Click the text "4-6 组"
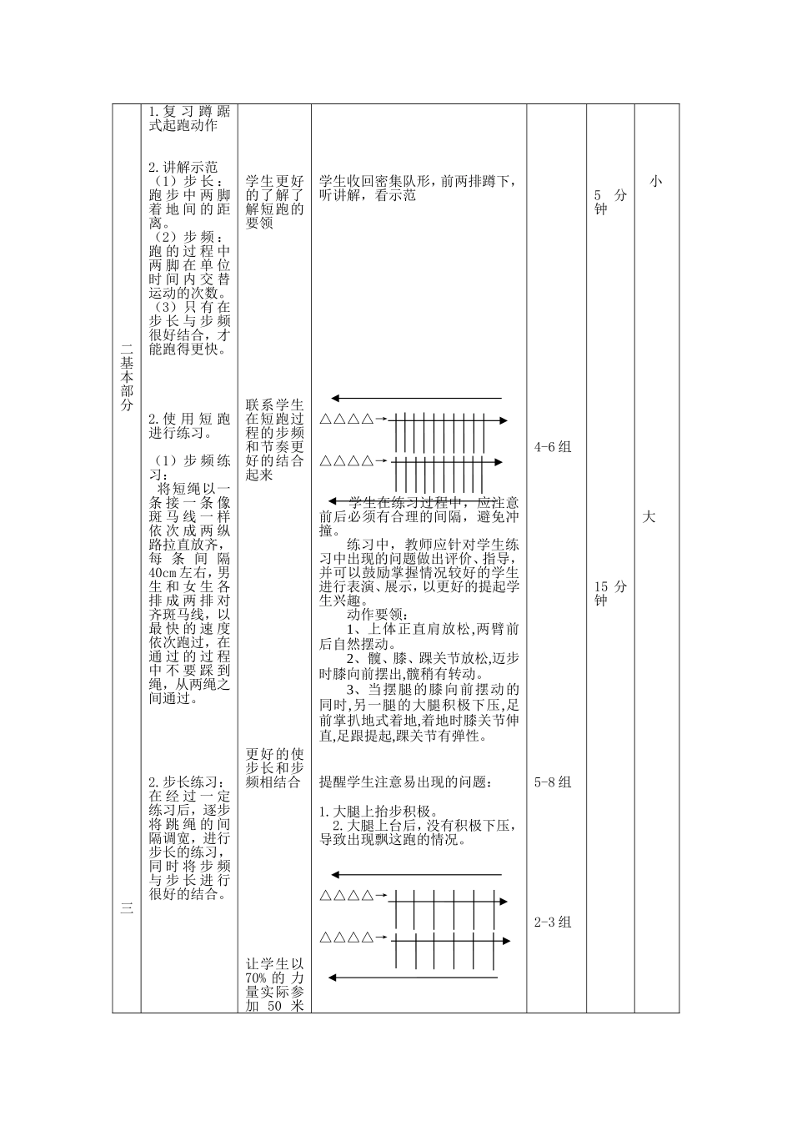[x=553, y=447]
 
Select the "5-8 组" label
[x=553, y=782]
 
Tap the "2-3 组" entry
[x=553, y=922]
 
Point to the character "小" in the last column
[x=656, y=181]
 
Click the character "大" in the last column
[x=649, y=517]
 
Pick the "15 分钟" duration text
[x=610, y=593]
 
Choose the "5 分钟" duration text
[x=610, y=202]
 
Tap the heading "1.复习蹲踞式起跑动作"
[x=189, y=118]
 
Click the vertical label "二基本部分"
[x=127, y=378]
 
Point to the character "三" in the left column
[x=127, y=909]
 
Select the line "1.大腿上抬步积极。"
[x=379, y=811]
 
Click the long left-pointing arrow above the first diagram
[x=416, y=398]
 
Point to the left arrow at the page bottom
[x=413, y=978]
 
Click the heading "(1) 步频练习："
[x=190, y=467]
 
